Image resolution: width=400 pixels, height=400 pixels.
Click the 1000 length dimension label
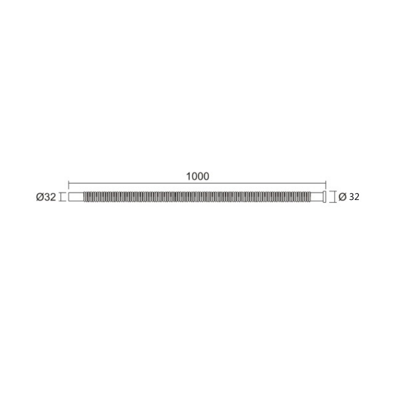197,176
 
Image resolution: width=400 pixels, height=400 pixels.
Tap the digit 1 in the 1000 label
188,176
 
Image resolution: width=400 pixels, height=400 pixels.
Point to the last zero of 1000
206,176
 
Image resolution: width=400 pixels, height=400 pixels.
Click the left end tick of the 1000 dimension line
68,183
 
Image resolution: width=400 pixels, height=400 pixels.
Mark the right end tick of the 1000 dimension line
326,183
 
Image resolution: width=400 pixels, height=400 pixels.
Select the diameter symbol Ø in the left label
40,197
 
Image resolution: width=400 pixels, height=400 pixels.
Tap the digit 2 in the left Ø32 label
52,197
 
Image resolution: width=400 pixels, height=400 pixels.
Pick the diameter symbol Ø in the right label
342,196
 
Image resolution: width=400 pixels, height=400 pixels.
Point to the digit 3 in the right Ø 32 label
351,196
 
